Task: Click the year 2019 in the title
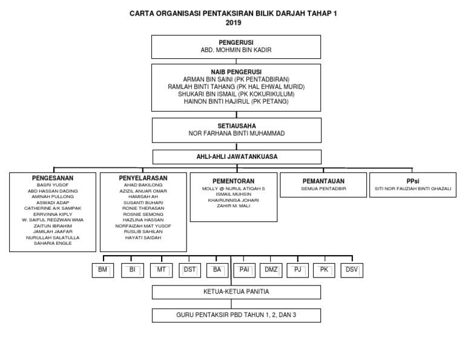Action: click(x=232, y=23)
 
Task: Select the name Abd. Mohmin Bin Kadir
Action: click(x=236, y=52)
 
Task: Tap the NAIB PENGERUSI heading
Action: click(x=236, y=72)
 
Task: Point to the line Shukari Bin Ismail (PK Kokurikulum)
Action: click(x=236, y=94)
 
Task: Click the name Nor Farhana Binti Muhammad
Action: click(x=236, y=133)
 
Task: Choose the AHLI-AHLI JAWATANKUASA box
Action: click(x=236, y=157)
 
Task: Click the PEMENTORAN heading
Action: click(x=232, y=181)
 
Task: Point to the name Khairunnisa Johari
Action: click(x=232, y=200)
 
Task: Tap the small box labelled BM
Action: click(x=102, y=270)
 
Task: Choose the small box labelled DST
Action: click(x=190, y=270)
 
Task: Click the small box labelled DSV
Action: click(x=352, y=270)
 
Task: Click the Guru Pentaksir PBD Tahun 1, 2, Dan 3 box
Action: click(x=236, y=315)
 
